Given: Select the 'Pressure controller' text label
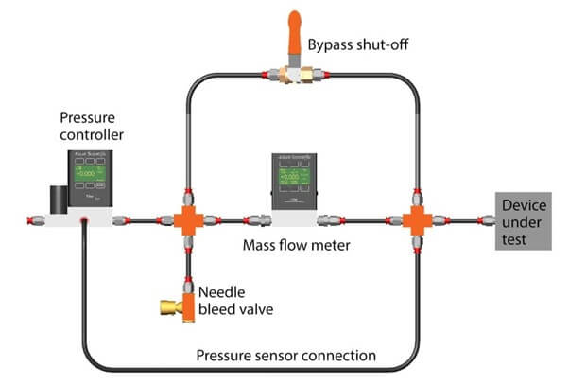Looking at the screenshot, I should coord(89,126).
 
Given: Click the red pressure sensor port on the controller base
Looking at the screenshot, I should coord(83,221).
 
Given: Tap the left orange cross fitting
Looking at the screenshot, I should coord(187,219).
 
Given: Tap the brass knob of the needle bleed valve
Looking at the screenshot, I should coord(168,306).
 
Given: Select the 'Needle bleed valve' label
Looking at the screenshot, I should coord(227,297).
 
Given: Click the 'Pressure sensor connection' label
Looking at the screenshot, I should coord(285,356).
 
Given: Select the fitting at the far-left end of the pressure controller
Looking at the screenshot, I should coord(31,220).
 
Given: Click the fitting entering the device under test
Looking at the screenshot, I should coord(487,220).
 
